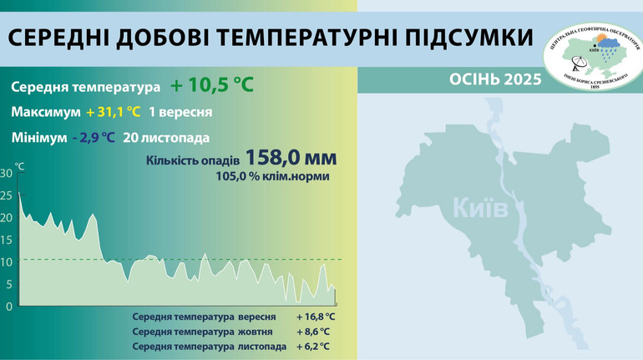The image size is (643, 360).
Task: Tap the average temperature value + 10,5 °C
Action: tap(211, 86)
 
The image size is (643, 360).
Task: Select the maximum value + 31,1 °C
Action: tap(113, 112)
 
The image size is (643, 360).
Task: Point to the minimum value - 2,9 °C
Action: tap(94, 138)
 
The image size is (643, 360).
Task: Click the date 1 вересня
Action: tap(180, 112)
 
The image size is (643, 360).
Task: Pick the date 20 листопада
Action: tap(165, 138)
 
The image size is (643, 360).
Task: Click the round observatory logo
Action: tap(591, 56)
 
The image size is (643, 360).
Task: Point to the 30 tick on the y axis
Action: tap(7, 174)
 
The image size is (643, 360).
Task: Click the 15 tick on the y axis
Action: tap(7, 240)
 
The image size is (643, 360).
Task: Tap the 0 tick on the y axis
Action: tap(9, 306)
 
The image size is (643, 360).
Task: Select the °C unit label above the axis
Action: tap(19, 166)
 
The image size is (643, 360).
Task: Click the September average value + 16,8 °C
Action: tap(315, 317)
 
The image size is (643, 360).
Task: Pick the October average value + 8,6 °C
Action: tap(312, 332)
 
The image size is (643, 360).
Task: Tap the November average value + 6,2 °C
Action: tap(312, 346)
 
